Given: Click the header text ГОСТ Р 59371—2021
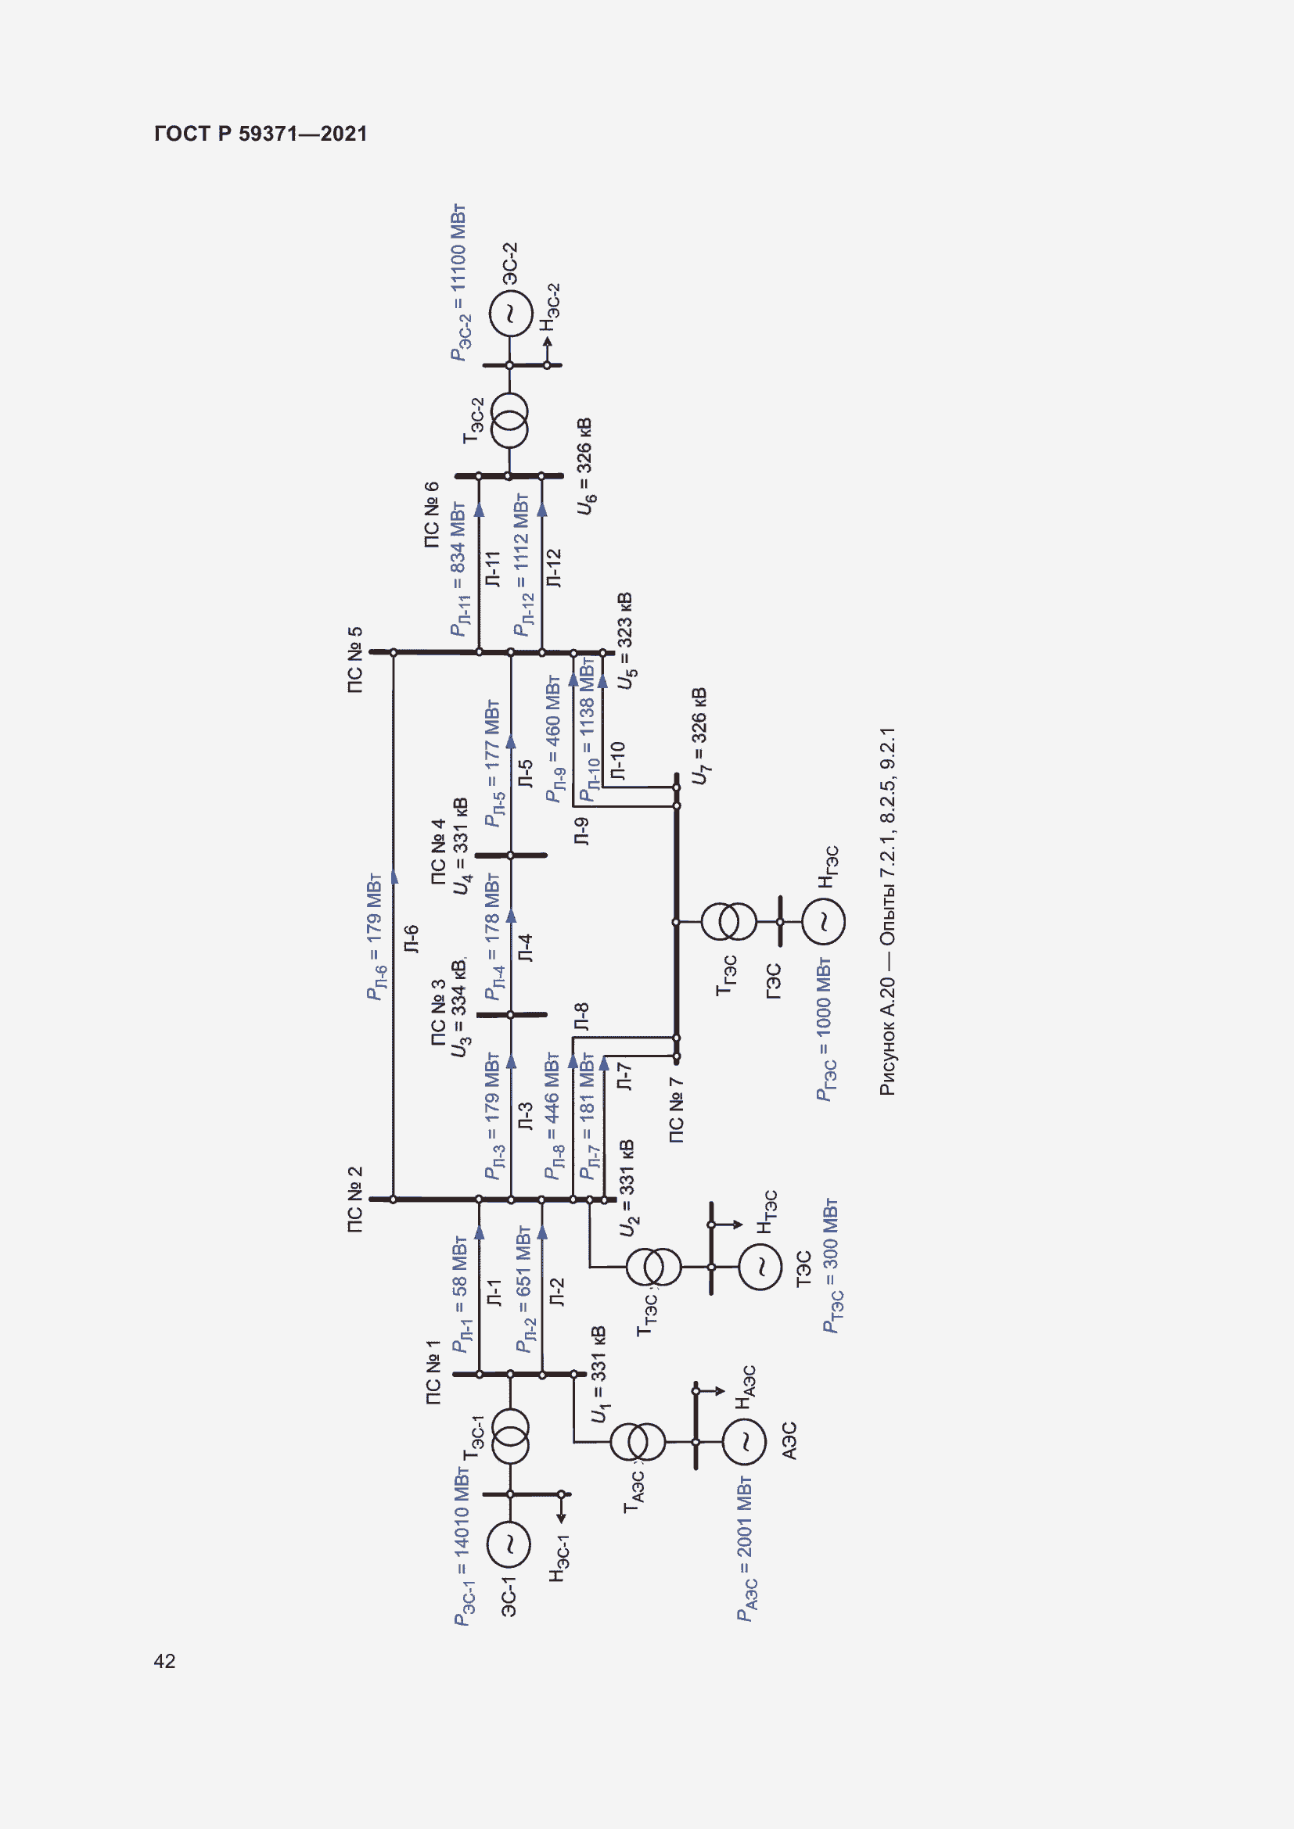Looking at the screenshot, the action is (x=261, y=134).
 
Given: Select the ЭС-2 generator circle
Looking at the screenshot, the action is (x=510, y=313).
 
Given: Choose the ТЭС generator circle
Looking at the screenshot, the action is (x=760, y=1266).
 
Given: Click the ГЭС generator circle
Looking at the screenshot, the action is (x=823, y=922).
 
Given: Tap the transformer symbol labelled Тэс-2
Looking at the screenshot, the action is (x=509, y=421).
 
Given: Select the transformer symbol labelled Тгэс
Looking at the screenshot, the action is (x=729, y=922).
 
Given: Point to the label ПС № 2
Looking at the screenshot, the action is (x=355, y=1200).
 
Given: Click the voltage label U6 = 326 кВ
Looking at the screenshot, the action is (x=586, y=466).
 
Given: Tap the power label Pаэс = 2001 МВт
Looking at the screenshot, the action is (x=745, y=1549).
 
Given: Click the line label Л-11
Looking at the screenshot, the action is (x=493, y=568).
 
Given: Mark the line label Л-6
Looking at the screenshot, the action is (x=412, y=939).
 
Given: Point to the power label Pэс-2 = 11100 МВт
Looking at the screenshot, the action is (x=458, y=283).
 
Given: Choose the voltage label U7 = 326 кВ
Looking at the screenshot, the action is (x=699, y=736).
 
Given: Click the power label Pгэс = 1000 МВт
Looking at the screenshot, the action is (x=825, y=1029).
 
